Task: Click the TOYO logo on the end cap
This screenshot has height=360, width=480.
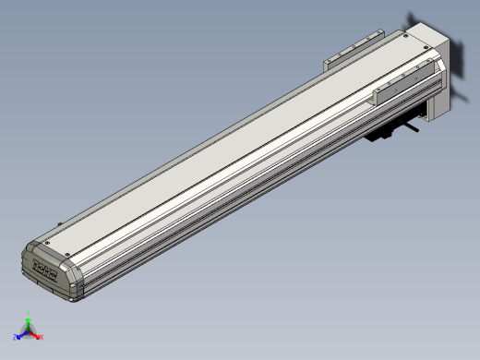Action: click(x=44, y=270)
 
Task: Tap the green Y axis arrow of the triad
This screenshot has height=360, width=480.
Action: click(x=29, y=325)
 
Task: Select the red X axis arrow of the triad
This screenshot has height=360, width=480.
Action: click(x=35, y=335)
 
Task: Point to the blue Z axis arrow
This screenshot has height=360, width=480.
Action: click(x=21, y=335)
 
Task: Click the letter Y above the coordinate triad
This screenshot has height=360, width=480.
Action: click(x=29, y=318)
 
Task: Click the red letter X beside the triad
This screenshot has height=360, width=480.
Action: click(x=42, y=338)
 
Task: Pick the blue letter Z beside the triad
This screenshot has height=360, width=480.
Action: click(x=16, y=338)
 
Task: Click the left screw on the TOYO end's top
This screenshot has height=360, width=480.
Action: click(x=41, y=243)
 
